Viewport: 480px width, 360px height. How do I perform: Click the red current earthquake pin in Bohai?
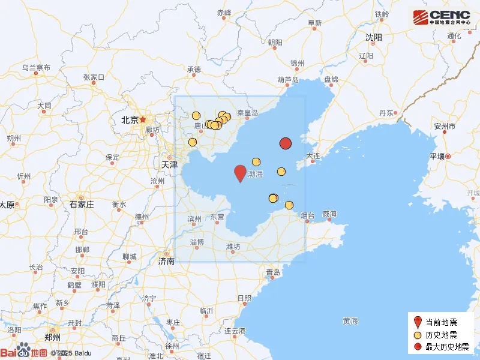[x=240, y=173]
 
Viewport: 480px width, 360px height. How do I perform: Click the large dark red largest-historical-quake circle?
[x=286, y=143]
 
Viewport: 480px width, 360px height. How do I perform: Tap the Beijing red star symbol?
[x=143, y=119]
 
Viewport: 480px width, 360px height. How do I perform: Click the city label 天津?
[x=169, y=164]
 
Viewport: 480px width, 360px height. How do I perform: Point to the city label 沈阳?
[x=373, y=37]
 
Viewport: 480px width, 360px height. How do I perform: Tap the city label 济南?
[x=166, y=261]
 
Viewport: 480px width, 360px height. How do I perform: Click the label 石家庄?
[x=82, y=204]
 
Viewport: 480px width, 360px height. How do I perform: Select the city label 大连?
[x=313, y=155]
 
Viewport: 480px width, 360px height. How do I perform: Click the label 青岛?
[x=274, y=272]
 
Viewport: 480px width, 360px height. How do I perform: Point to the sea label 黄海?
[x=350, y=321]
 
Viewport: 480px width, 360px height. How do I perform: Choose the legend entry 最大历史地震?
[x=447, y=346]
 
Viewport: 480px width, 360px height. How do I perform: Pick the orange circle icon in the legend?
[x=418, y=334]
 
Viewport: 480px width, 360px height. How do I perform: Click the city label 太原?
[x=7, y=204]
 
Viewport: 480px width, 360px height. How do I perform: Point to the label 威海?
[x=329, y=214]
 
